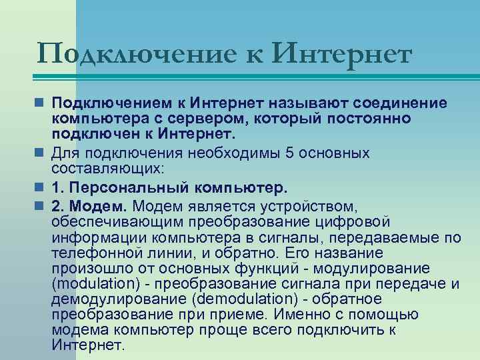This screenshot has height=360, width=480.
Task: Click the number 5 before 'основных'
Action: [288, 153]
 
